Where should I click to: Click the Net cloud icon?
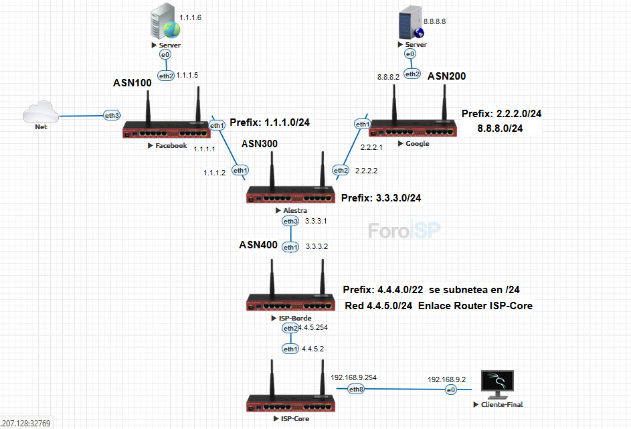pyautogui.click(x=41, y=112)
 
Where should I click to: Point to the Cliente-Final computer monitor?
pyautogui.click(x=498, y=383)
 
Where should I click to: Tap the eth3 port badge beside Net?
pyautogui.click(x=112, y=115)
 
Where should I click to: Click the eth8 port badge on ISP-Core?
pyautogui.click(x=357, y=389)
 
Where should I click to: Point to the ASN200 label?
pyautogui.click(x=446, y=76)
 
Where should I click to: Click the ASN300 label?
pyautogui.click(x=259, y=143)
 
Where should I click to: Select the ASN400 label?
pyautogui.click(x=258, y=245)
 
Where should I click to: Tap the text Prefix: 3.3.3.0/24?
pyautogui.click(x=381, y=198)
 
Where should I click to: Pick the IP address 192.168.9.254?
pyautogui.click(x=353, y=377)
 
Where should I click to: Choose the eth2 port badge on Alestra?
pyautogui.click(x=341, y=171)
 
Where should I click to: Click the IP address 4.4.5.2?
pyautogui.click(x=312, y=349)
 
